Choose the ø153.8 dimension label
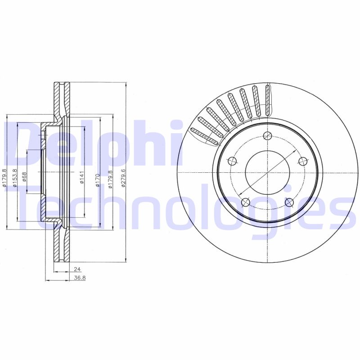pos(15,177)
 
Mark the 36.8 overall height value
pos(79,278)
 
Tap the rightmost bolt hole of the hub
pos(302,161)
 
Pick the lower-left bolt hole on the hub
pos(246,202)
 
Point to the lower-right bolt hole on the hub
pos(289,202)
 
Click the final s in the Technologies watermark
pos(344,216)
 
